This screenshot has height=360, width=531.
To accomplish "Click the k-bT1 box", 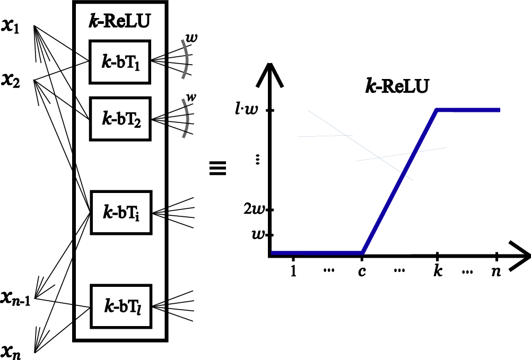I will [120, 62].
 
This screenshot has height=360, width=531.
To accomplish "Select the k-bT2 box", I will [120, 118].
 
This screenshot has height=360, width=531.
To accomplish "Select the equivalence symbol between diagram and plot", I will [218, 170].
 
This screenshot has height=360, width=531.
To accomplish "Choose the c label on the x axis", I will [361, 271].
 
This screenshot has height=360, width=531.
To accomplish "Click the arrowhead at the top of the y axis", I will [271, 74].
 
